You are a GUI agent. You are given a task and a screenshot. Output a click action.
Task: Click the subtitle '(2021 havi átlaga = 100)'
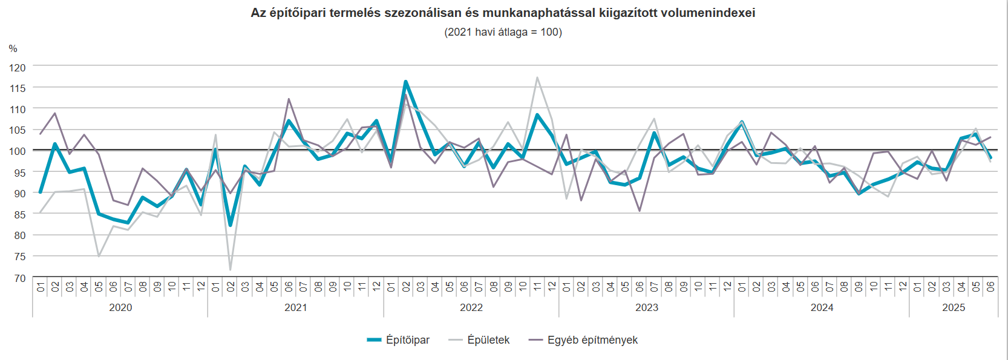click(x=503, y=32)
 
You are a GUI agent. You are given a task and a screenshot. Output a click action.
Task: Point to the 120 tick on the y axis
click(x=18, y=68)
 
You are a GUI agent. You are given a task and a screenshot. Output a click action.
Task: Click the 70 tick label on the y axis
click(x=20, y=278)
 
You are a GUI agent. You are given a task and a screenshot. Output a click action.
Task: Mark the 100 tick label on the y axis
click(x=18, y=151)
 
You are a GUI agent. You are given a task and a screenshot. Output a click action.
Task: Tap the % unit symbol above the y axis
click(x=13, y=49)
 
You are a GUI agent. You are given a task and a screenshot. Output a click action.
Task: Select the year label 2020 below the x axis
click(x=120, y=307)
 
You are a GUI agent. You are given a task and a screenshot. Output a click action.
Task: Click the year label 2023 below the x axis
click(x=646, y=307)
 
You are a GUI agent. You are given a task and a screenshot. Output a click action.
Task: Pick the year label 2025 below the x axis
click(x=954, y=307)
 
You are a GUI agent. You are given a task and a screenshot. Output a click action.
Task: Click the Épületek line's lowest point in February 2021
click(x=231, y=269)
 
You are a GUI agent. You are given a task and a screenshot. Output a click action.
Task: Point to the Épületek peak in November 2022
click(x=537, y=77)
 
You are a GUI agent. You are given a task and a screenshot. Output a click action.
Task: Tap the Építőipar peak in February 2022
click(x=405, y=82)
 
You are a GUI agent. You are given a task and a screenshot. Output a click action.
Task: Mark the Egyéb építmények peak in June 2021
click(x=289, y=99)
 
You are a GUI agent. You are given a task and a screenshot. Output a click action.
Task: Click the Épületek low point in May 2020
click(x=99, y=257)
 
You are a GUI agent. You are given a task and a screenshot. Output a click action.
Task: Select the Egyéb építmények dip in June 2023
click(x=640, y=211)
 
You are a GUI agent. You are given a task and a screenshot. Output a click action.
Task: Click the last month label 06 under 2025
click(x=990, y=287)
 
